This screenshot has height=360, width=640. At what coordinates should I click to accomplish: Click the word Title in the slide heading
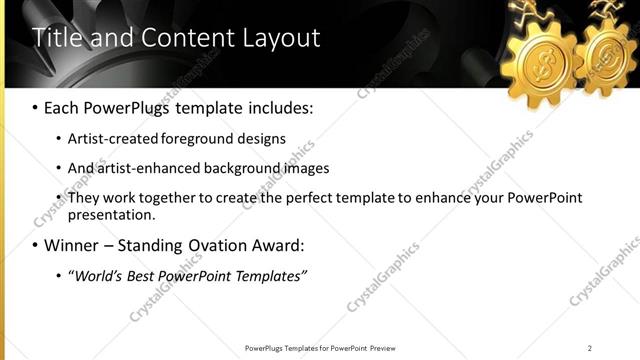tap(57, 38)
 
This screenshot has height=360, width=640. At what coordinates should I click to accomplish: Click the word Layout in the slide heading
tap(282, 38)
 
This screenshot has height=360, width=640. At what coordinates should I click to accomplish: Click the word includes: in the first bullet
tap(280, 105)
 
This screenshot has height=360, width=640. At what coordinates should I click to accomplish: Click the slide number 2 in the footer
tap(589, 348)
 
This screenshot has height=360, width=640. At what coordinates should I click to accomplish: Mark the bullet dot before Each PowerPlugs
tap(35, 106)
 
